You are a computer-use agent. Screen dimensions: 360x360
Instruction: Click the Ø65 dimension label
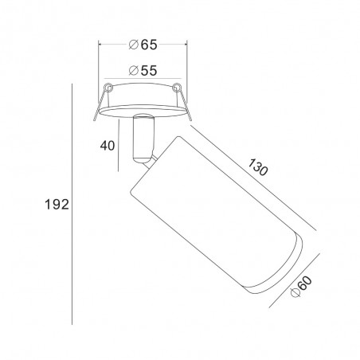click(143, 45)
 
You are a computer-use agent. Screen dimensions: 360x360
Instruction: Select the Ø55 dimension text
click(143, 71)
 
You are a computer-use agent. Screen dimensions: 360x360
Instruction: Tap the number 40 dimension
click(108, 146)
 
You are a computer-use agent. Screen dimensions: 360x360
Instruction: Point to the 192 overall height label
click(57, 205)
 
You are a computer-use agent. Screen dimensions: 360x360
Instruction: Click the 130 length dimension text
click(258, 167)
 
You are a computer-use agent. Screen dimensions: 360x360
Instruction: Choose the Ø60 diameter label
click(301, 287)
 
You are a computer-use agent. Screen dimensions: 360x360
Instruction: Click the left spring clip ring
click(108, 87)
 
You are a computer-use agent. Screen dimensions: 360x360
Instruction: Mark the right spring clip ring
click(176, 87)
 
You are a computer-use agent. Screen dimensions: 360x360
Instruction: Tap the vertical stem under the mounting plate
click(143, 138)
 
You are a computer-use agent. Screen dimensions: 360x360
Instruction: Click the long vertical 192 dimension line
click(72, 204)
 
